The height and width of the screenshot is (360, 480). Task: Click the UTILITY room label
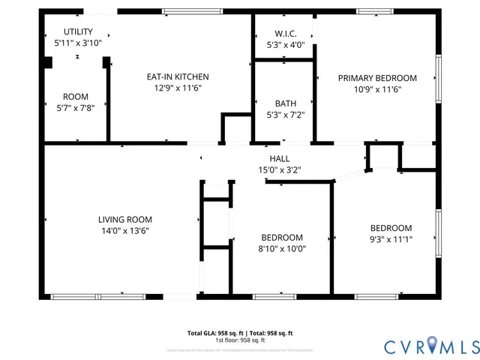77,31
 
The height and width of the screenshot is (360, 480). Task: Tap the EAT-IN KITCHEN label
177,76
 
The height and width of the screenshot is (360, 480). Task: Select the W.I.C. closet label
286,34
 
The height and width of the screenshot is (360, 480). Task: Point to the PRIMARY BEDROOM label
376,78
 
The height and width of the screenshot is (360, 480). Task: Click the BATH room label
285,103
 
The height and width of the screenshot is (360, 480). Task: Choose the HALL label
279,158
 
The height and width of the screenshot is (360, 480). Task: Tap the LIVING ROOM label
124,219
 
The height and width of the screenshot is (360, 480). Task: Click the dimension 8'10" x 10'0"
281,248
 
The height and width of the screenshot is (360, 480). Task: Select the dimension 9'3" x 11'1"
391,239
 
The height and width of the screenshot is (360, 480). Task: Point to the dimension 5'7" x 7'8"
75,108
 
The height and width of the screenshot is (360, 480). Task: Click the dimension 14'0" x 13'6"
124,230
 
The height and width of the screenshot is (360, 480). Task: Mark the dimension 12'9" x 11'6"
177,88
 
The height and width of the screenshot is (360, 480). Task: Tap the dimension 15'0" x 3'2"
279,169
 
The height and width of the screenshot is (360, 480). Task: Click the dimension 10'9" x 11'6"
376,89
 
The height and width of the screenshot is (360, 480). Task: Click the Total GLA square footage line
240,332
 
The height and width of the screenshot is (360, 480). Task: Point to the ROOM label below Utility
75,97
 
